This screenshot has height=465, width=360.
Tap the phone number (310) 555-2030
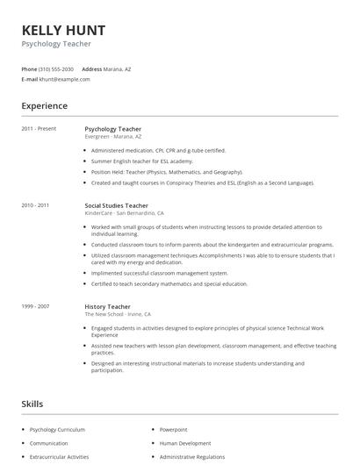pos(57,68)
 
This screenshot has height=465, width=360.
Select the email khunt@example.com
pos(64,79)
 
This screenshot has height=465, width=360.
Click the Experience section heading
pos(44,106)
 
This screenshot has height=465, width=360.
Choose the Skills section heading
pos(32,404)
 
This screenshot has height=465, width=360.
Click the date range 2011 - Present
pos(39,129)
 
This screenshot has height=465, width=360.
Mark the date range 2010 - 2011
pos(36,205)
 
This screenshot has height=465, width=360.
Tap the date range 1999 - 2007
pos(36,307)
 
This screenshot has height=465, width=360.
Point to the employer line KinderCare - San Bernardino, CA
pos(124,213)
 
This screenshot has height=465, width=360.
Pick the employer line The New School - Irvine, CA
pos(118,314)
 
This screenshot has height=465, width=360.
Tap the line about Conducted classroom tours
pos(212,245)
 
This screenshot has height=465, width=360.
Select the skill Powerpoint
pos(173,430)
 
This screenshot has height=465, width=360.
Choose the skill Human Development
pos(184,443)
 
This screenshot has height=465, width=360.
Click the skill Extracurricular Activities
pos(59,456)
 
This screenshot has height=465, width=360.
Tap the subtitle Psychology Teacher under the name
pos(56,43)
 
